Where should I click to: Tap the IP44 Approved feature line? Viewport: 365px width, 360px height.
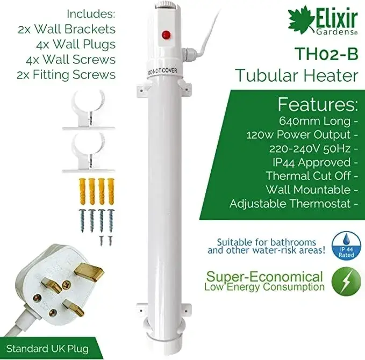coord(309,162)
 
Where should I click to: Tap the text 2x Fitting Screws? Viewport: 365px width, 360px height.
coord(66,74)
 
